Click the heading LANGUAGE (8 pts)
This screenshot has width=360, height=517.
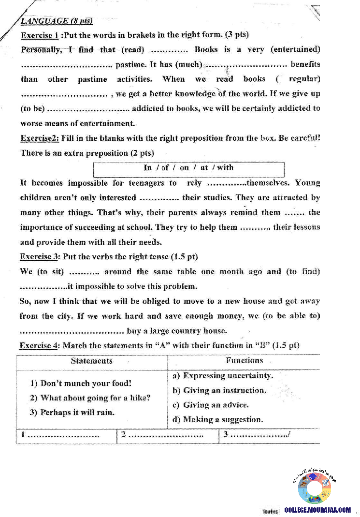57,21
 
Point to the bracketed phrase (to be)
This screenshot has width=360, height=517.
32,108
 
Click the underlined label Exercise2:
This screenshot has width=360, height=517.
40,138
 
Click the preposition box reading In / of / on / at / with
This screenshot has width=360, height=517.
188,168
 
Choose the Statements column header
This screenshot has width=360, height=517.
91,361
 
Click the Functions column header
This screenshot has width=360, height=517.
244,360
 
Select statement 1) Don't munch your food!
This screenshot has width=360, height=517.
81,384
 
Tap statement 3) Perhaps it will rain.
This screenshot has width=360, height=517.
72,413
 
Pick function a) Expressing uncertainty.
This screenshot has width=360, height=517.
223,376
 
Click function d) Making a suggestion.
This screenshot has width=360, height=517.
218,419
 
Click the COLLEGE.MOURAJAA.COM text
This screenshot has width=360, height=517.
318,510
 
